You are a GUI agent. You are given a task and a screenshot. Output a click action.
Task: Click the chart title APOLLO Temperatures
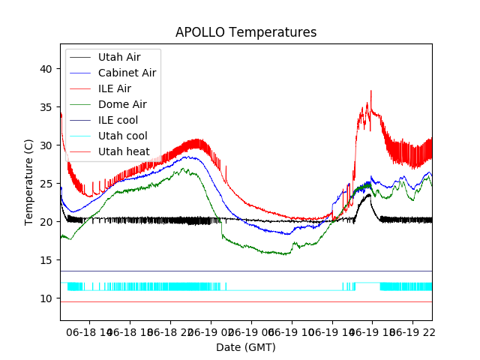(246, 33)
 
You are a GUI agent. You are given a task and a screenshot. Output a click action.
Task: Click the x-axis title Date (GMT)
(246, 347)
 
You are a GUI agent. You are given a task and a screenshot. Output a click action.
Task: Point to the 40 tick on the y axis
(47, 69)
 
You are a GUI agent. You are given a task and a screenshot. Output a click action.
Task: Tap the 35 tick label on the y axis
(47, 107)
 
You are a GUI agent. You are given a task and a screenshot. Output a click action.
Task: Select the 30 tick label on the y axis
(47, 145)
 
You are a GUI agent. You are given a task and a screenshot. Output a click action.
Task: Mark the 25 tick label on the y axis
(47, 184)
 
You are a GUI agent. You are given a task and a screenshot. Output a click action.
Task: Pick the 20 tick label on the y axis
(47, 222)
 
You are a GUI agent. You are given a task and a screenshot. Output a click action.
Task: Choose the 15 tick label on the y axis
(47, 260)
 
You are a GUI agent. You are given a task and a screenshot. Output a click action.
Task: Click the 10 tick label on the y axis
(47, 298)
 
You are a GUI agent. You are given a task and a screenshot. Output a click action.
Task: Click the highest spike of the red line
(370, 91)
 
